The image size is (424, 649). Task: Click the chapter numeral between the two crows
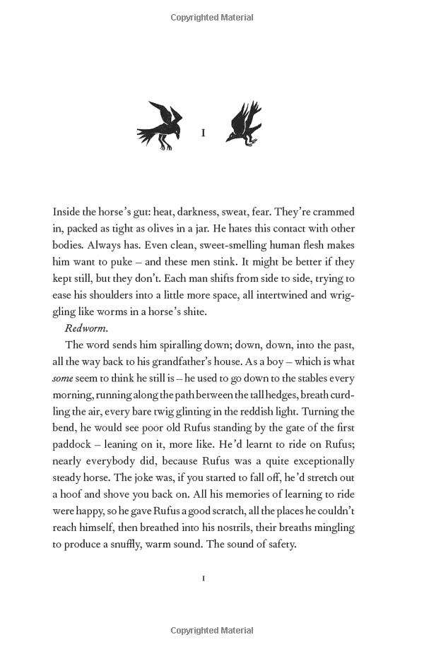point(204,133)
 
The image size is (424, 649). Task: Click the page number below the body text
point(204,578)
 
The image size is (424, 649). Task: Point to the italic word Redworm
point(85,328)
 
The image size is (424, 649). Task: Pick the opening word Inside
point(69,211)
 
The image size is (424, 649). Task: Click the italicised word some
point(63,378)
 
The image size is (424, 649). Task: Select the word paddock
point(71,444)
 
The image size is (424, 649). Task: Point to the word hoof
point(73,494)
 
